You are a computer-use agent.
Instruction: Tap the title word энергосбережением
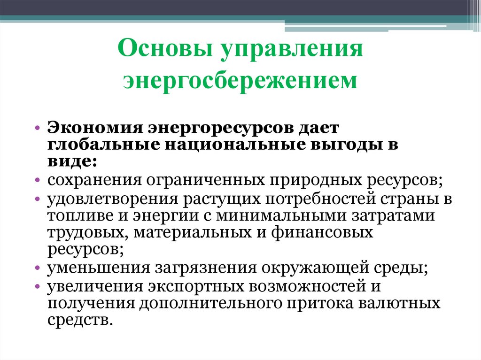click(x=240, y=80)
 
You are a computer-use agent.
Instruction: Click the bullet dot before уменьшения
click(x=39, y=269)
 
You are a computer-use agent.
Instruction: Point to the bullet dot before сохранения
click(x=39, y=182)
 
